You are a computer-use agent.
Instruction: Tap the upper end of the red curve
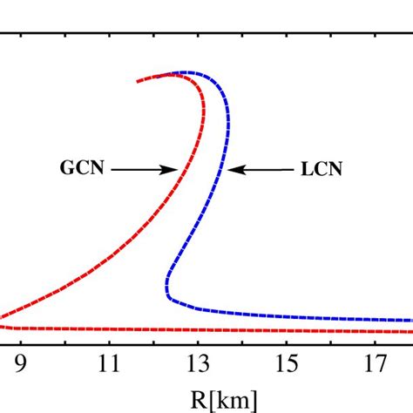(x=138, y=81)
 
